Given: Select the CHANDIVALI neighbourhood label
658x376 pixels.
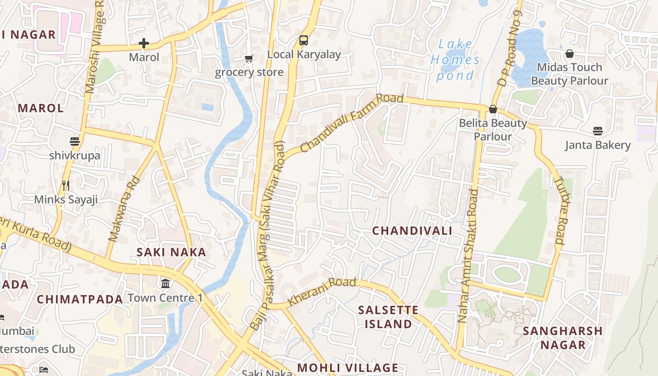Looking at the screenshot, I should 412,231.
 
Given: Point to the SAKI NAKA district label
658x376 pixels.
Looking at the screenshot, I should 171,252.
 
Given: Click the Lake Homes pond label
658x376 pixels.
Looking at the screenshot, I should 455,60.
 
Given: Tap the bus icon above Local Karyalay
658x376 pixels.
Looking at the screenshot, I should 304,40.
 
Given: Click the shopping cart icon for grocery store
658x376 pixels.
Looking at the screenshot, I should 249,59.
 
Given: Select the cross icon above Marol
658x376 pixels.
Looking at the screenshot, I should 144,44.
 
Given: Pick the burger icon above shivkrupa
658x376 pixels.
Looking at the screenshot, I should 74,141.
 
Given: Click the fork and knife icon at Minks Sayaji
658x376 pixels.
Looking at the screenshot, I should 66,186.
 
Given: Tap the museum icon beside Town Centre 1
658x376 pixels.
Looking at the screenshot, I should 165,284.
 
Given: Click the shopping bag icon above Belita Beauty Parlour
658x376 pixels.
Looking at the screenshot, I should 493,109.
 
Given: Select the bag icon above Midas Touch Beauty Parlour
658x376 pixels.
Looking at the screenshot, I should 569,54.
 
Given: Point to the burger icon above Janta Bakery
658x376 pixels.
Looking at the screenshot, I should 597,131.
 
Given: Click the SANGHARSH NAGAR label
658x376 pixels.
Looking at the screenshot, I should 563,337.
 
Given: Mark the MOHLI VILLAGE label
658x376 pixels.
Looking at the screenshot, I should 348,368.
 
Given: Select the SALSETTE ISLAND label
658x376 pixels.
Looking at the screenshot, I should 388,317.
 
